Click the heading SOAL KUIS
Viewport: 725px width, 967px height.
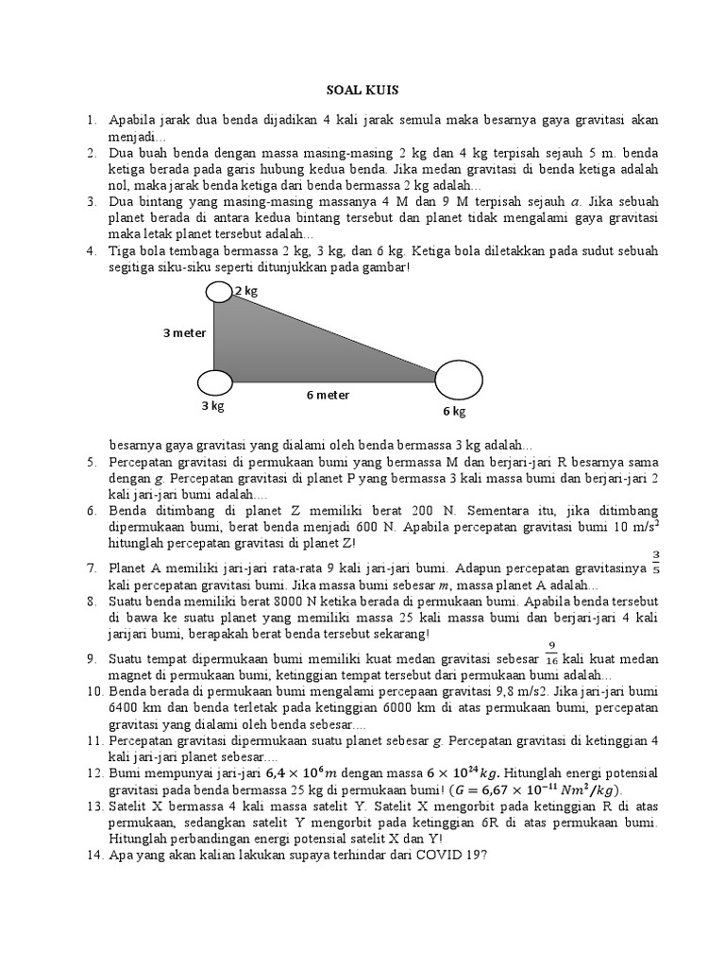coord(362,91)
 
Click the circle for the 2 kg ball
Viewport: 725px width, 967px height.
coord(219,293)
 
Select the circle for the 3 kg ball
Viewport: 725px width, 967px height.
coord(214,382)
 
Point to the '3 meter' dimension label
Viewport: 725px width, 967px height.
coord(184,332)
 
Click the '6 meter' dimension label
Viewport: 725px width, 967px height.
coord(328,395)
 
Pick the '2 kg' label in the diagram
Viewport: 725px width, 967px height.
coord(246,291)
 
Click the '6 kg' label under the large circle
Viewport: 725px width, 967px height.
coord(454,412)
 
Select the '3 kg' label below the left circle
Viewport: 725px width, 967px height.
coord(212,405)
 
